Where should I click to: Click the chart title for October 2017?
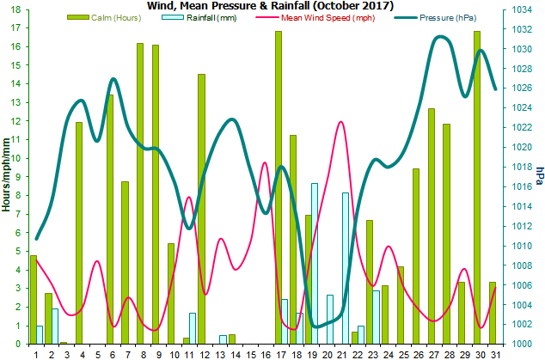(272, 6)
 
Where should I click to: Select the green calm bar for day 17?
(279, 187)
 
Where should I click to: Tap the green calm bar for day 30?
(476, 187)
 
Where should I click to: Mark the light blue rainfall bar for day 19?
(315, 263)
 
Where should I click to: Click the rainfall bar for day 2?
(55, 326)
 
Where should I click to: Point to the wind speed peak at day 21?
(341, 122)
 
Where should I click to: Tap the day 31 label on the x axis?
(494, 353)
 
